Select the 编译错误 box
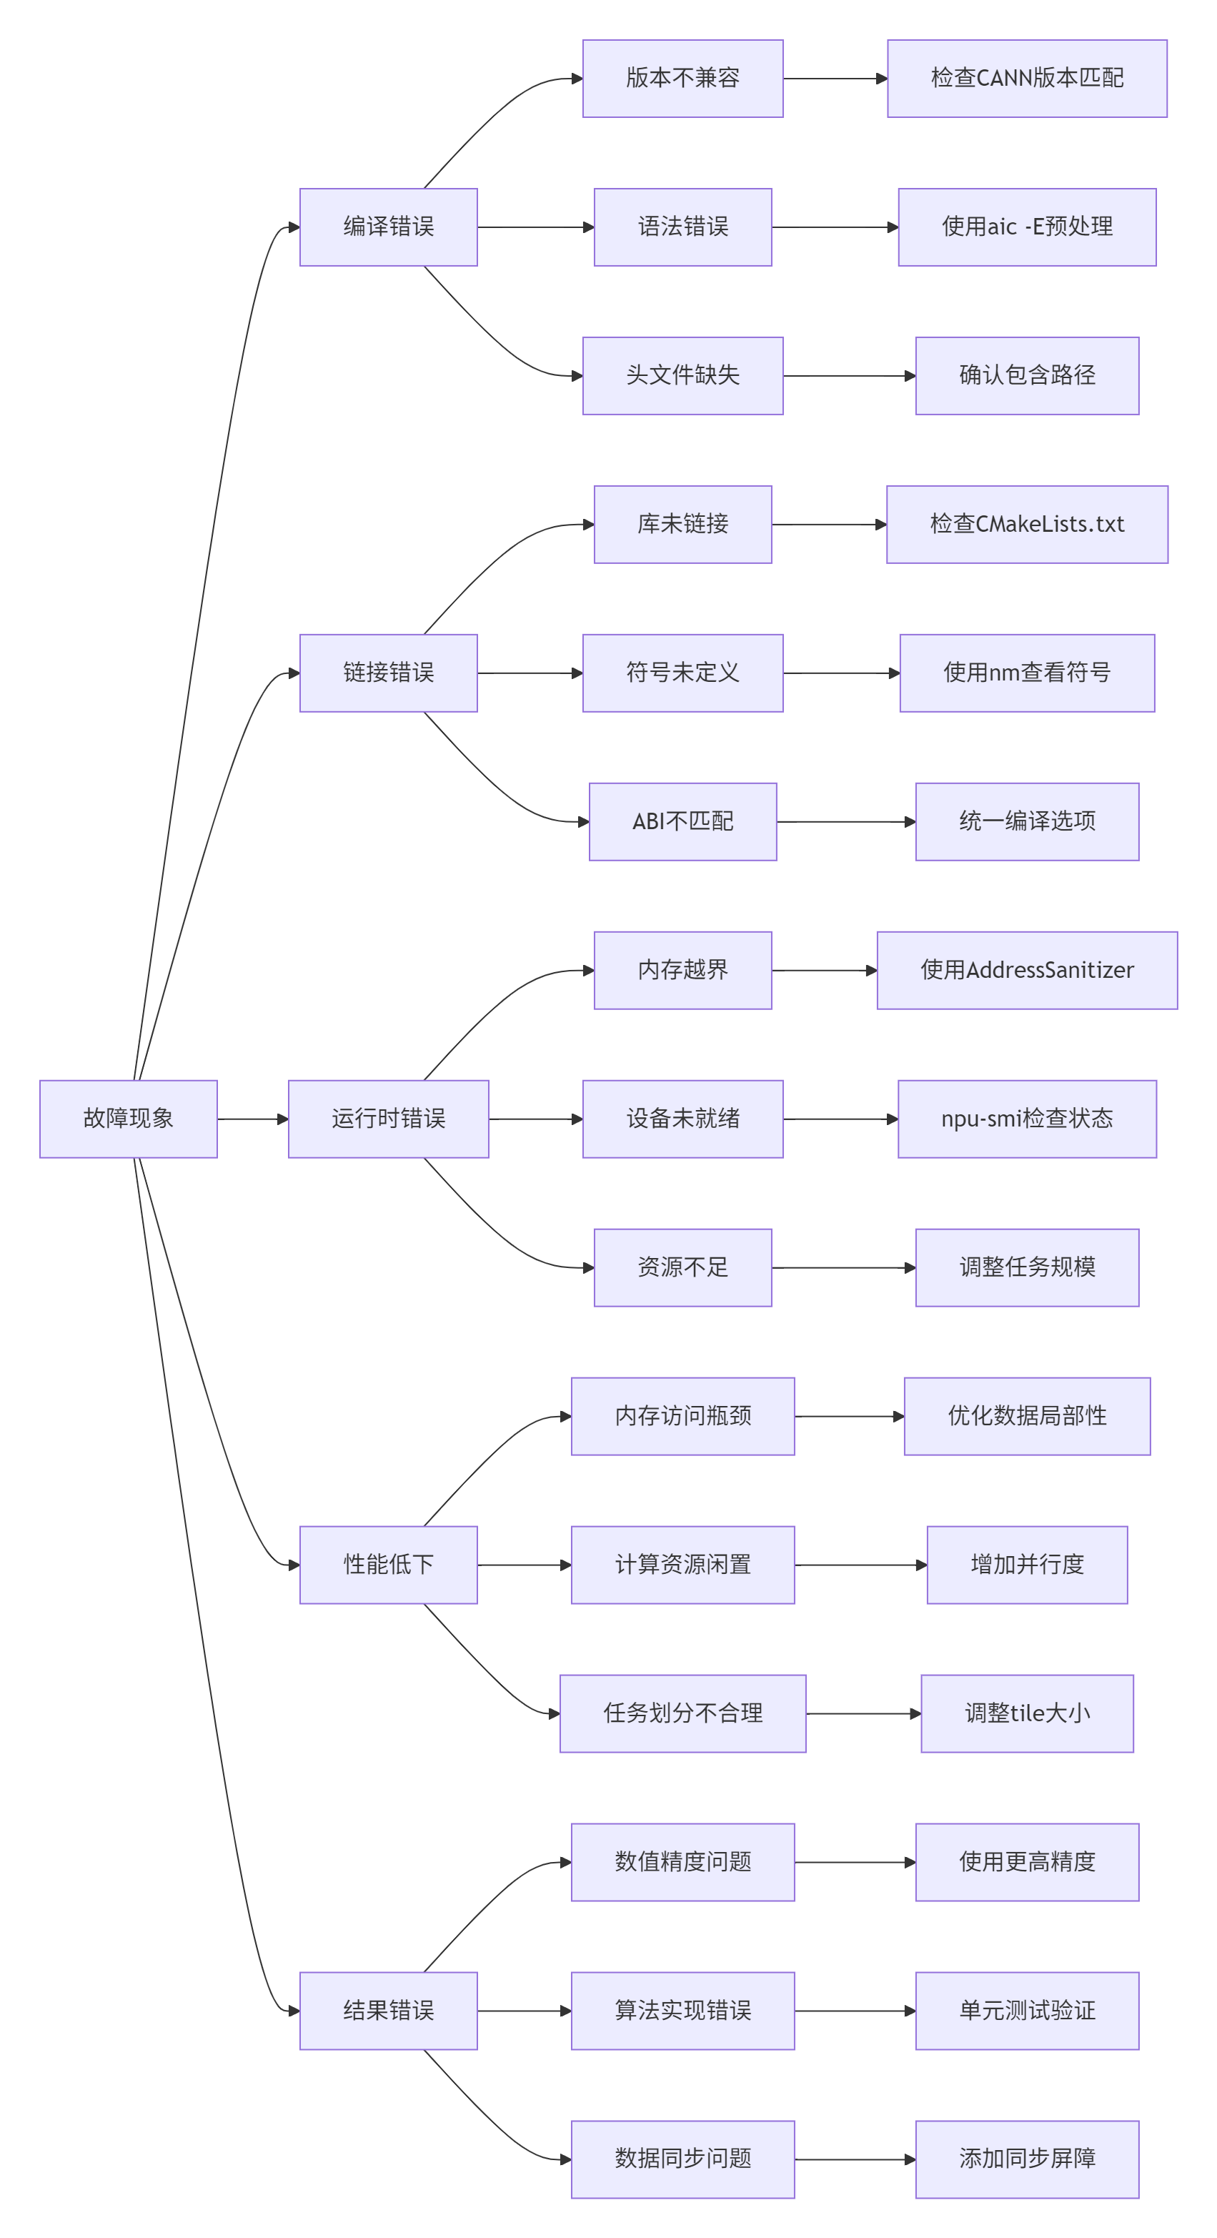(388, 227)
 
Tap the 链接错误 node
(388, 673)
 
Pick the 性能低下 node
(388, 1564)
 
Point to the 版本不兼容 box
(682, 78)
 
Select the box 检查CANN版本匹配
(1027, 78)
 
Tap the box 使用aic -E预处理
(1027, 227)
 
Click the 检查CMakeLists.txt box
(1027, 524)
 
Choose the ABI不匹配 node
(682, 821)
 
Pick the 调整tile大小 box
(1027, 1713)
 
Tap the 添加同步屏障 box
(1027, 2158)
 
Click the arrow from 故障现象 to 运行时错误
(252, 1119)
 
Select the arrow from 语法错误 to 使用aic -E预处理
(834, 227)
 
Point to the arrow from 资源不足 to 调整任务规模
(843, 1267)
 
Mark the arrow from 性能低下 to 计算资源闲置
(524, 1565)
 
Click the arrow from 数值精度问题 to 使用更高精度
(855, 1862)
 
